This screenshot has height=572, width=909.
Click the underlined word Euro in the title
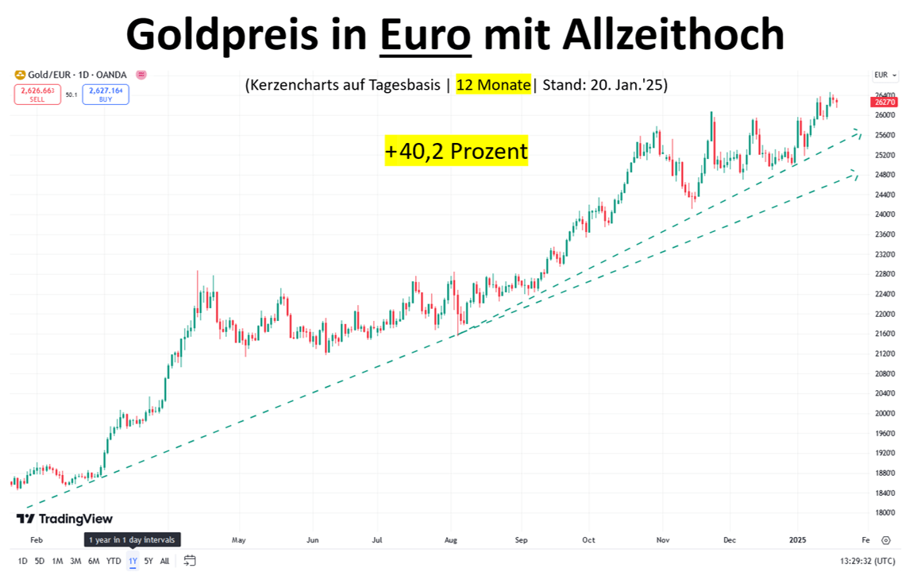pos(426,36)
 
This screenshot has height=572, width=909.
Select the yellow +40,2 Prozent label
pos(456,151)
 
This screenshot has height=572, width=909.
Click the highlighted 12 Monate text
pos(493,84)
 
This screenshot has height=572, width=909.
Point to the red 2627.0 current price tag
pos(884,102)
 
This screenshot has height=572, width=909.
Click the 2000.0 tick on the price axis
pos(884,413)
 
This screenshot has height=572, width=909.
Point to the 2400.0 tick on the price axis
pos(884,214)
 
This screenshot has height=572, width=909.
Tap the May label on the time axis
pos(238,539)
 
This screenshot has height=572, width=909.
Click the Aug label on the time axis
pos(450,539)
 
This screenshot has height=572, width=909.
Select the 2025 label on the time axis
pos(798,539)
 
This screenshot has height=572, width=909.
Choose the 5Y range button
pos(148,561)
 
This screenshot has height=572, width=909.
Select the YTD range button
pos(114,561)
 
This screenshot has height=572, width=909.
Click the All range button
pos(164,561)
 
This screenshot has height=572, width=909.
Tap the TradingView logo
pos(64,519)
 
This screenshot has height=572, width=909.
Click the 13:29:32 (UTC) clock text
pos(869,561)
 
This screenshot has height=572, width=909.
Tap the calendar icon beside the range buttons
pos(190,561)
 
